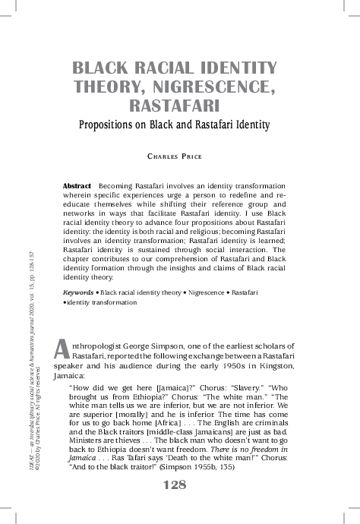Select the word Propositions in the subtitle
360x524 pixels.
coord(112,124)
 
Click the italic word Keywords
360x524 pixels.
coord(79,292)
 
